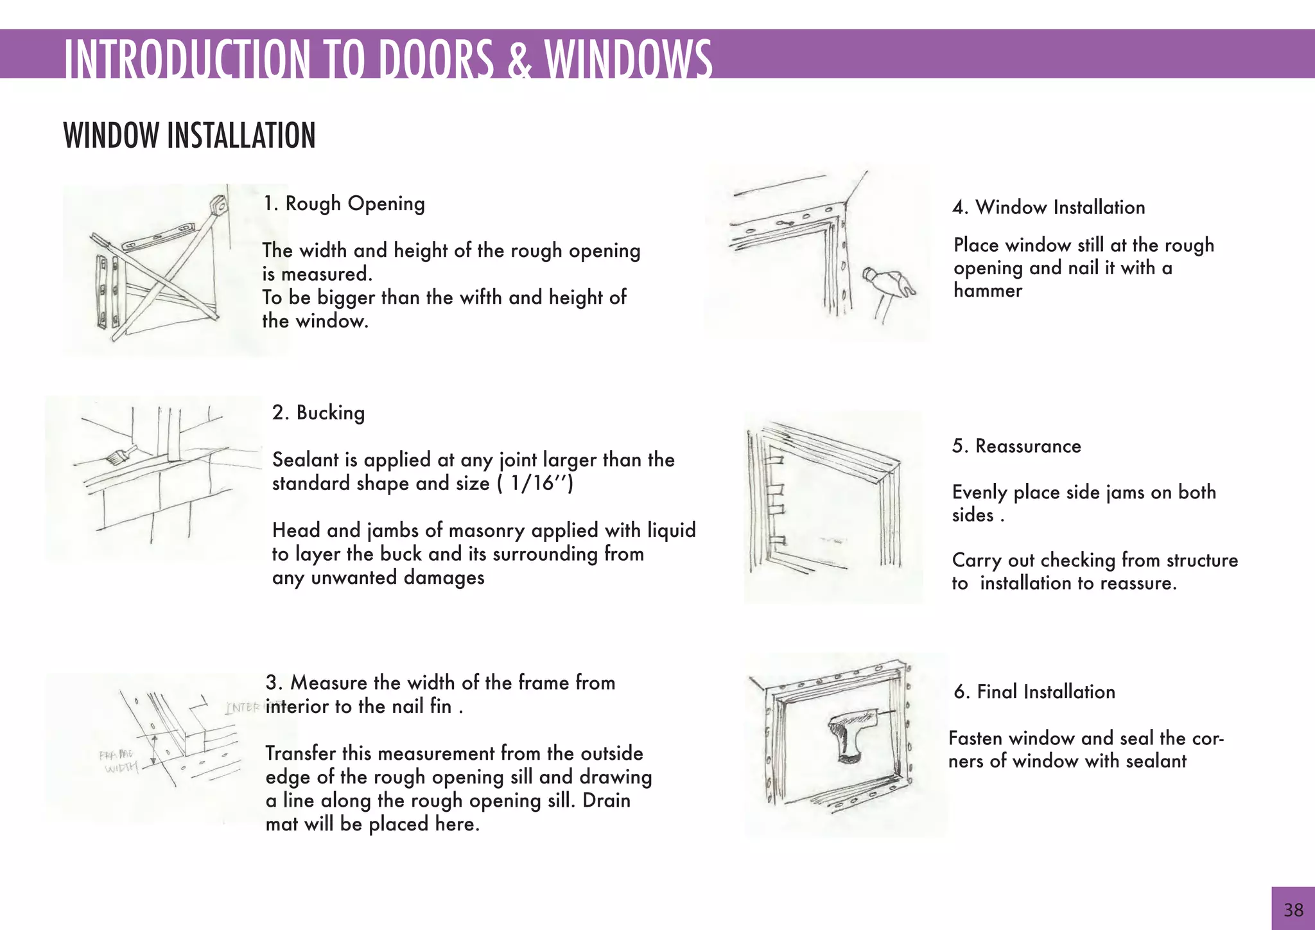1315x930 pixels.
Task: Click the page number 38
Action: point(1293,909)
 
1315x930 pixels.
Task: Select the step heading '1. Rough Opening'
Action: point(344,204)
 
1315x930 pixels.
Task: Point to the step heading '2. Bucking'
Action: point(318,412)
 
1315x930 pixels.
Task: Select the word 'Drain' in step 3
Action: point(606,801)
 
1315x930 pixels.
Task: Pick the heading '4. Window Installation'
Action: point(1049,207)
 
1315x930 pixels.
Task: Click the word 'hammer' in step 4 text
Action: point(988,291)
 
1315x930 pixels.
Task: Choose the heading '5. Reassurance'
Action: point(1016,446)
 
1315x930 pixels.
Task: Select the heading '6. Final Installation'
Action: point(1034,692)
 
